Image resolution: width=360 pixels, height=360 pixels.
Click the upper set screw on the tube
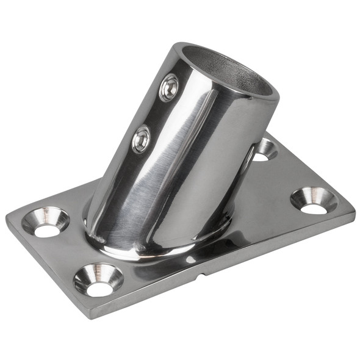(x=169, y=88)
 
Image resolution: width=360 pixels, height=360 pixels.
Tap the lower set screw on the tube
(x=141, y=140)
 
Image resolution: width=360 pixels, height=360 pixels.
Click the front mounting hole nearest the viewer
(x=98, y=279)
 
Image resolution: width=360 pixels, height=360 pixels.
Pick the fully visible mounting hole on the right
(x=314, y=201)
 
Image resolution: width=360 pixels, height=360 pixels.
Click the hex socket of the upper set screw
(x=169, y=88)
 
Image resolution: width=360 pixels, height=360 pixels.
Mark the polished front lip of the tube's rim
(x=250, y=98)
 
